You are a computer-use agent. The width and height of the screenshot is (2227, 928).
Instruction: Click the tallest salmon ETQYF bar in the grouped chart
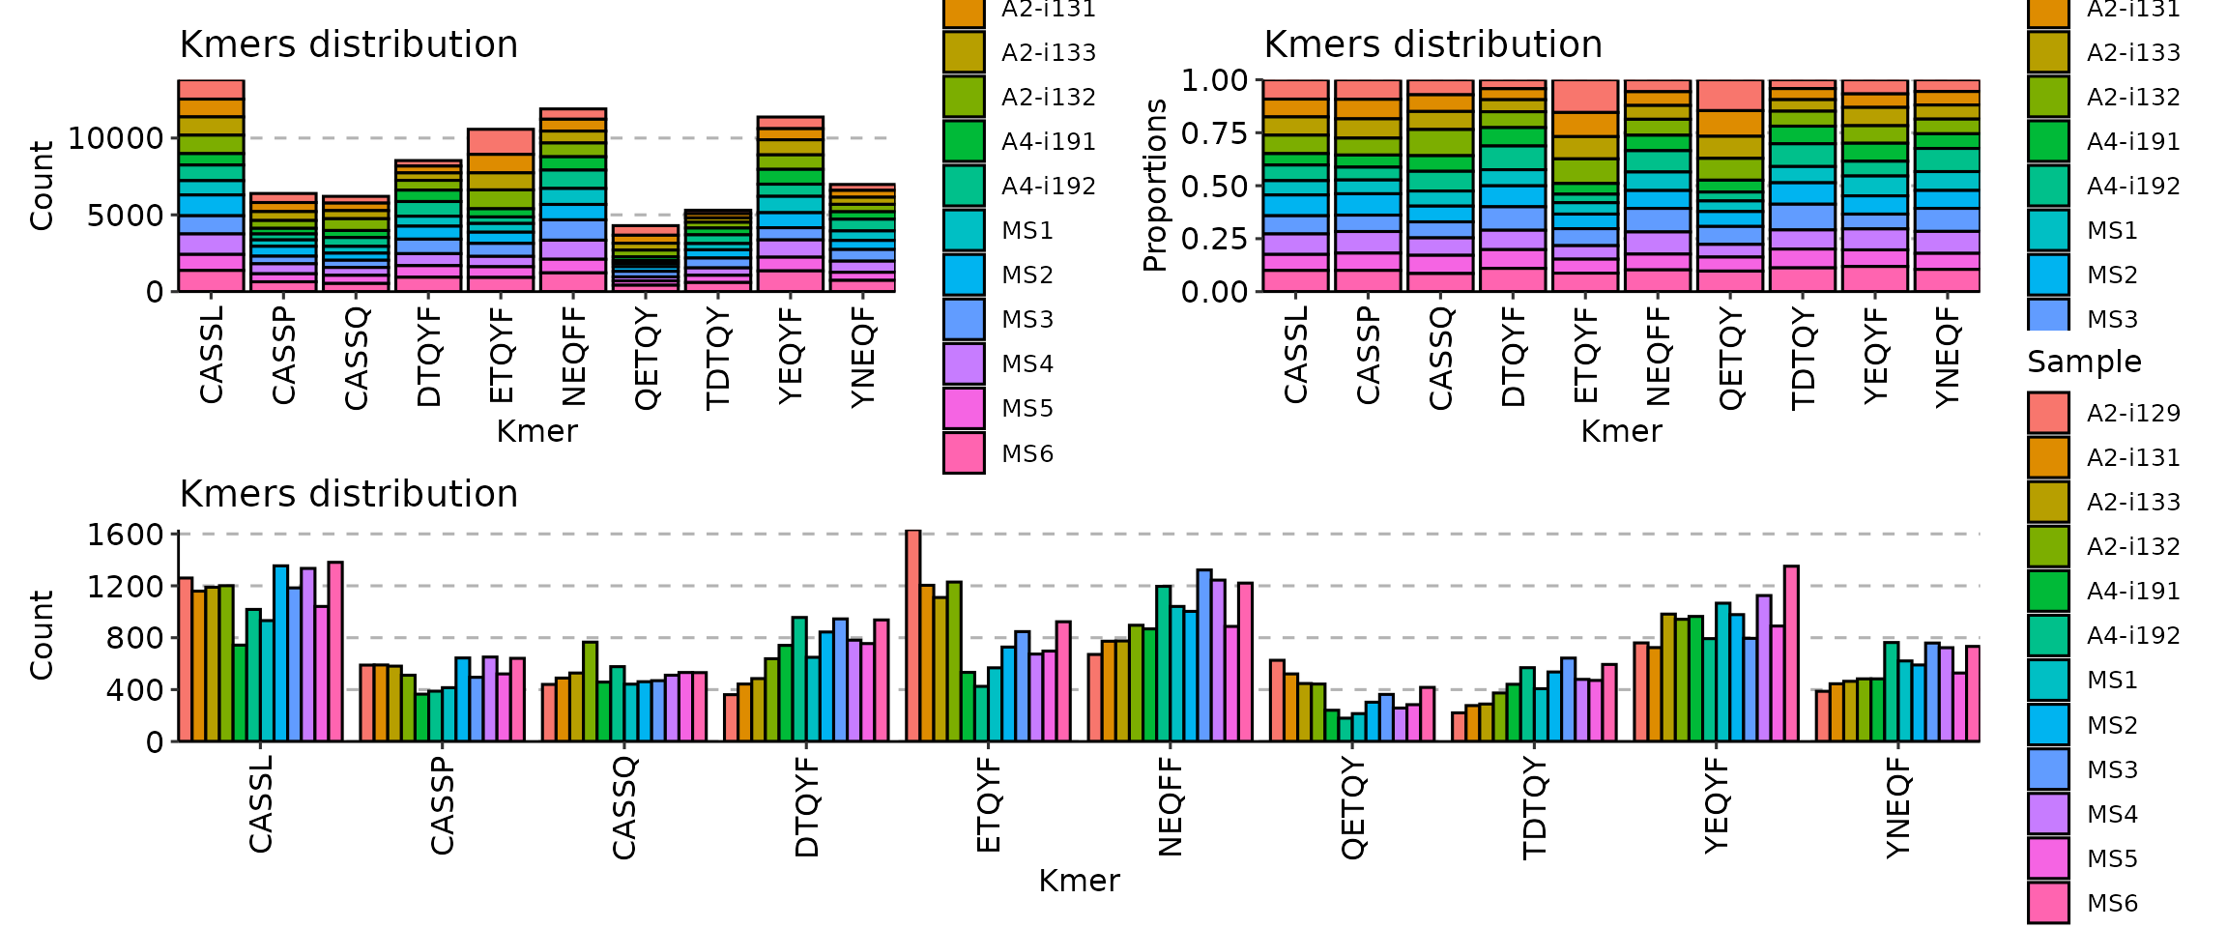point(912,636)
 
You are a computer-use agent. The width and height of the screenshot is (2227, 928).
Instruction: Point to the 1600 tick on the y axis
point(126,535)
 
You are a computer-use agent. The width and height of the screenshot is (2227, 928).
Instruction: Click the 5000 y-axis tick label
point(126,215)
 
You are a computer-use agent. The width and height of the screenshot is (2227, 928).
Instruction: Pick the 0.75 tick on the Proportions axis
point(1215,133)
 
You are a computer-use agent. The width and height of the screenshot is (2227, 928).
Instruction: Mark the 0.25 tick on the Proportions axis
point(1215,239)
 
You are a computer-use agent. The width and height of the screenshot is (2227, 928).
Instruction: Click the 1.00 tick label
point(1215,80)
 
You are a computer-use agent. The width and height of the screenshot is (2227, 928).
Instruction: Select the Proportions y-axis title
point(1154,186)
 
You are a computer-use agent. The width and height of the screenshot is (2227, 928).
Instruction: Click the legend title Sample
point(2084,362)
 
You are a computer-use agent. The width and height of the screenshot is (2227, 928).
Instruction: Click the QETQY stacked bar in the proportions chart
point(1730,186)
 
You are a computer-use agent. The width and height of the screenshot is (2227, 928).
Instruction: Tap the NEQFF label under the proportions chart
point(1659,356)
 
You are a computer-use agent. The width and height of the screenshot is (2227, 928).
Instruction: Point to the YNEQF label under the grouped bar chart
point(1898,807)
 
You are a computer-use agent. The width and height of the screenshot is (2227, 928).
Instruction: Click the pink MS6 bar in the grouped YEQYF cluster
point(1791,653)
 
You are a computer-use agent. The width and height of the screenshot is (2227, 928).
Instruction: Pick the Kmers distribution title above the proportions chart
point(1432,44)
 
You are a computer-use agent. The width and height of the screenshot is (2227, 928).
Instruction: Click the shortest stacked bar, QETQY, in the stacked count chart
point(647,259)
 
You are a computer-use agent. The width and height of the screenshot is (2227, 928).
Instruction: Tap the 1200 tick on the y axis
point(126,587)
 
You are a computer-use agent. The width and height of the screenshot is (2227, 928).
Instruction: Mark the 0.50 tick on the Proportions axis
point(1215,186)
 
